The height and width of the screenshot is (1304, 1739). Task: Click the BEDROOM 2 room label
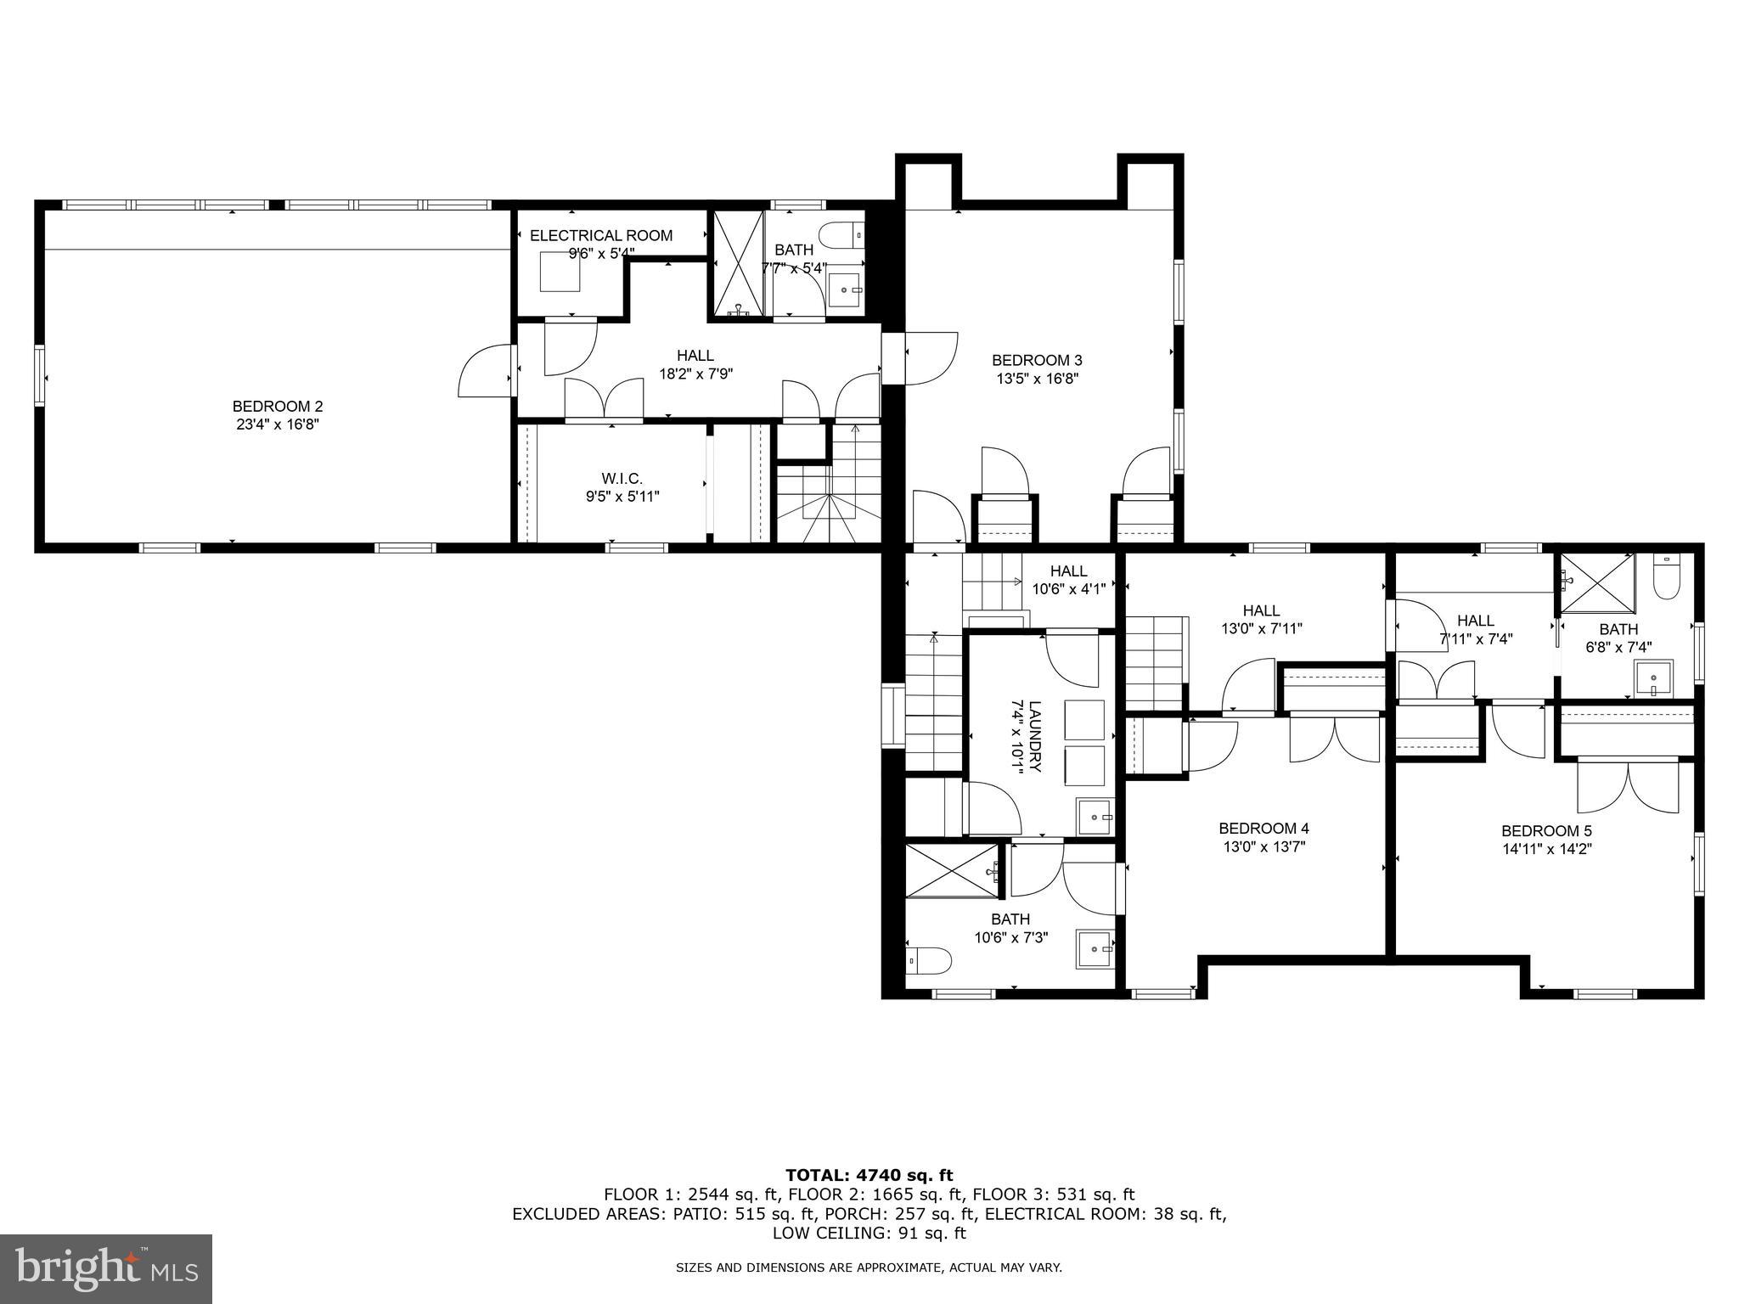[x=278, y=407]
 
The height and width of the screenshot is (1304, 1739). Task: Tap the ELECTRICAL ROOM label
[x=601, y=236]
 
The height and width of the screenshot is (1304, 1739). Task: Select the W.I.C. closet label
[x=622, y=479]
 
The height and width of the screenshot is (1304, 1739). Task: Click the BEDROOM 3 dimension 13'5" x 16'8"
[x=1037, y=379]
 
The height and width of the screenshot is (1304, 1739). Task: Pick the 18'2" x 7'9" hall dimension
[x=695, y=373]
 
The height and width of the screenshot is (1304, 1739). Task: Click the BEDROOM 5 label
[x=1546, y=831]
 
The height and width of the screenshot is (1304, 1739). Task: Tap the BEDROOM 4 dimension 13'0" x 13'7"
[x=1263, y=846]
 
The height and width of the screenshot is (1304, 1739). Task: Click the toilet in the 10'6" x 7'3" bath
[x=928, y=959]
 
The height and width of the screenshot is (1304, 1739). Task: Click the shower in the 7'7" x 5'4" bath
[x=737, y=263]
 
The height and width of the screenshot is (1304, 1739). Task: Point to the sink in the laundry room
[x=1095, y=818]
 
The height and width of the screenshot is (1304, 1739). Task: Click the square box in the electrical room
[x=560, y=272]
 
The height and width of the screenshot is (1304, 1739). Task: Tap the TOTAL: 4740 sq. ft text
[x=869, y=1176]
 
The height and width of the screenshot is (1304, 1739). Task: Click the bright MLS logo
[x=105, y=1269]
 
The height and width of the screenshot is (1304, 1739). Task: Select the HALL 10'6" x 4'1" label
[x=1068, y=580]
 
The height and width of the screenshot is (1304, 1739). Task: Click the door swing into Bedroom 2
[x=486, y=371]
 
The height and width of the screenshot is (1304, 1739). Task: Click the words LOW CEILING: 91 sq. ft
[x=869, y=1233]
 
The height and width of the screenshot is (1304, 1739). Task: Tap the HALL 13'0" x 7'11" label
[x=1261, y=620]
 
